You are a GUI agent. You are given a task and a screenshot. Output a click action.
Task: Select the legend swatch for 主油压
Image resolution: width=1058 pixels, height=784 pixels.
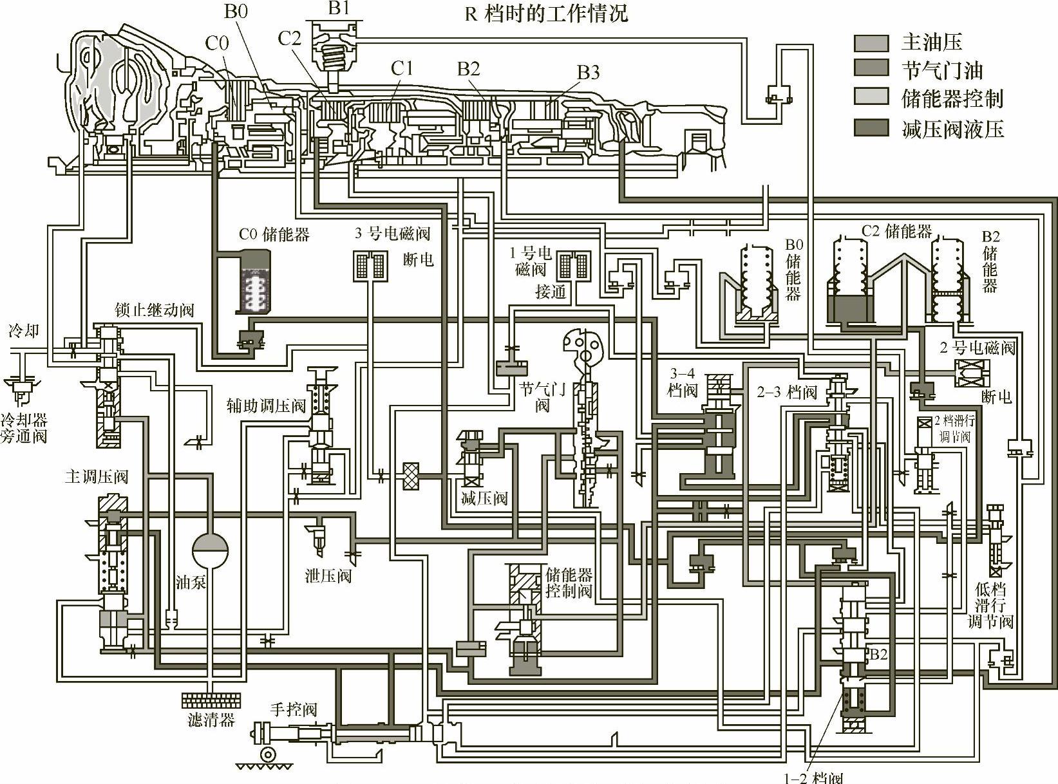tap(871, 43)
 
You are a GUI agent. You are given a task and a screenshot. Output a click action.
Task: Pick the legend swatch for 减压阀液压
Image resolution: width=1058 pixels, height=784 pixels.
tap(871, 128)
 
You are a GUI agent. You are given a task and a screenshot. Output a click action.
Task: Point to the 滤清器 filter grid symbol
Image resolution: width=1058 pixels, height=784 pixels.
tap(211, 700)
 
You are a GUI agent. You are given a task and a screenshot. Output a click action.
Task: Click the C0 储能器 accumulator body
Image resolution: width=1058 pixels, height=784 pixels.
tap(254, 281)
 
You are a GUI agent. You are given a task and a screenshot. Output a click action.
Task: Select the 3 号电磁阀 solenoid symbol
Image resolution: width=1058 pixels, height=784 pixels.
tap(370, 265)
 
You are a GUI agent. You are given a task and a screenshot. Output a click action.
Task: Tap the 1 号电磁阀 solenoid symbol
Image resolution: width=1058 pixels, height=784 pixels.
tap(573, 265)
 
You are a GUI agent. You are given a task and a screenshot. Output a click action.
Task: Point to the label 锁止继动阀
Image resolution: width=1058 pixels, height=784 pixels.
tap(154, 310)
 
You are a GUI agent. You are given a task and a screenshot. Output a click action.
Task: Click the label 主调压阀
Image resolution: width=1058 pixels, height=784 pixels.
tap(97, 476)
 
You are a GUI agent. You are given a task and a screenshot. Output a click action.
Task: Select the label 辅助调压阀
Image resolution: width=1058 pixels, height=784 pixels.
tap(265, 406)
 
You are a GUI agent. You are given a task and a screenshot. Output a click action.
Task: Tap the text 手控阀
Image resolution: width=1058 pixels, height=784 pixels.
tap(294, 709)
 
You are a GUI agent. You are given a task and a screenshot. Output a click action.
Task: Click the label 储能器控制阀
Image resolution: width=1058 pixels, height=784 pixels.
tap(569, 583)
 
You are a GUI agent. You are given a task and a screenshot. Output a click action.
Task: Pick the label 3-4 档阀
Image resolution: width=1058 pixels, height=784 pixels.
tap(683, 382)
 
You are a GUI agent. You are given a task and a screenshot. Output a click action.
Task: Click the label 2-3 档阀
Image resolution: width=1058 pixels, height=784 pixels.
tap(786, 392)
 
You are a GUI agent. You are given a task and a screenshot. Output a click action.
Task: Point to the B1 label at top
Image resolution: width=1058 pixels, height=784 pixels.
tap(339, 8)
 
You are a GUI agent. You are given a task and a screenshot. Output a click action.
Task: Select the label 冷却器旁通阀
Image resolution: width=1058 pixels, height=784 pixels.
tap(24, 428)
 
